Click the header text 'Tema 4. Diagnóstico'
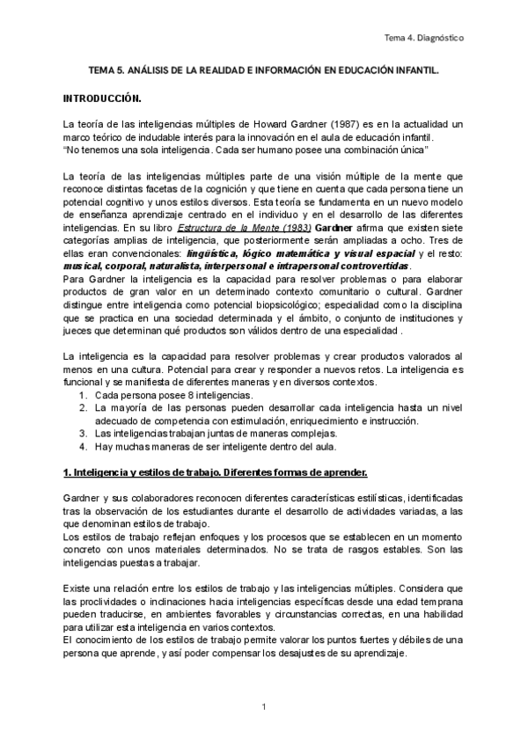click(425, 39)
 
